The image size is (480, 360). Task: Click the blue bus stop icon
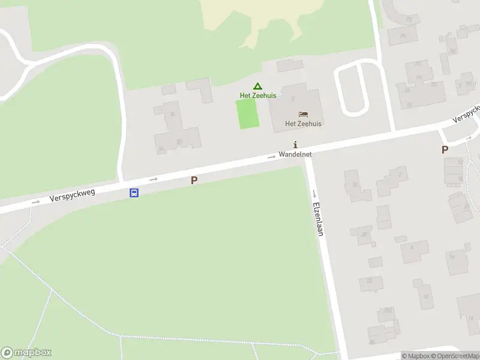click(134, 193)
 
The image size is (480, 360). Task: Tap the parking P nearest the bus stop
click(194, 180)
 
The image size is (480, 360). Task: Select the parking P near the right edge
click(445, 150)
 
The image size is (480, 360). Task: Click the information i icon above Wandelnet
click(295, 145)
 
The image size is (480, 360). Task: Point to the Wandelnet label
click(295, 154)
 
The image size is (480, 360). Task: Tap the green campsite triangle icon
click(257, 86)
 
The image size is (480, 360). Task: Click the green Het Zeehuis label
click(258, 95)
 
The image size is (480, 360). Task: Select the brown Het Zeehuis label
click(303, 124)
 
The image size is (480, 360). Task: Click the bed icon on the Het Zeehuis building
click(304, 114)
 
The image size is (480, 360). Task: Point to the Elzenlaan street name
click(318, 218)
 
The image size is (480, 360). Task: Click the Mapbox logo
click(26, 353)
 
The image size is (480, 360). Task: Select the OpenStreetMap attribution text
click(453, 356)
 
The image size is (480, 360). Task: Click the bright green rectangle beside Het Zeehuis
click(248, 113)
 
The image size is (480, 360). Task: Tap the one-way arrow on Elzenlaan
click(314, 193)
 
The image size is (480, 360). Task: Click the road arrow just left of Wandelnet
click(272, 157)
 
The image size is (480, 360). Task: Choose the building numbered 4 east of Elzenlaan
click(411, 247)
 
